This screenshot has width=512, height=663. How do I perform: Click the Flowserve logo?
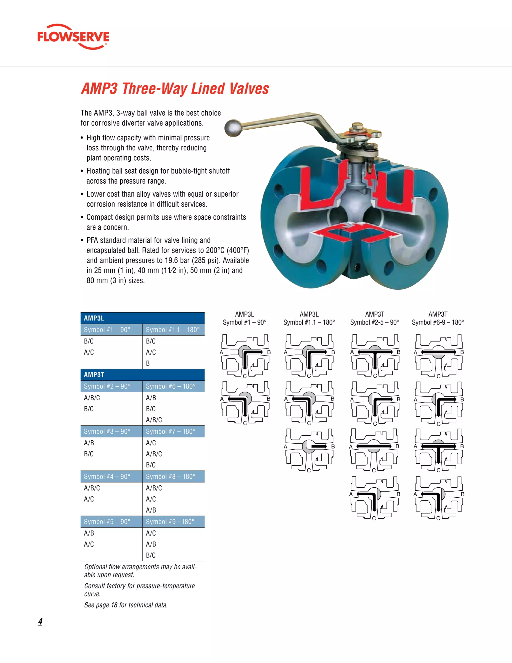click(73, 37)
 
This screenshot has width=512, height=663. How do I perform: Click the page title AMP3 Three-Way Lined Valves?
click(175, 89)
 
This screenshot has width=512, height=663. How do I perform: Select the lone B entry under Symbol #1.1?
click(148, 363)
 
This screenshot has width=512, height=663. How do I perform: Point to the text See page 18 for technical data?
click(126, 605)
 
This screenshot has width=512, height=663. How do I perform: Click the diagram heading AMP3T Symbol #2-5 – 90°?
click(374, 318)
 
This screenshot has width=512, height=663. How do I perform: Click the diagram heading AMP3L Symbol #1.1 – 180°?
click(309, 318)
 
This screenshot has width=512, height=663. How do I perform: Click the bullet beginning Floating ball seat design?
click(158, 176)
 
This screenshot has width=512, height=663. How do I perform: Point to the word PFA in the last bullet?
click(92, 240)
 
